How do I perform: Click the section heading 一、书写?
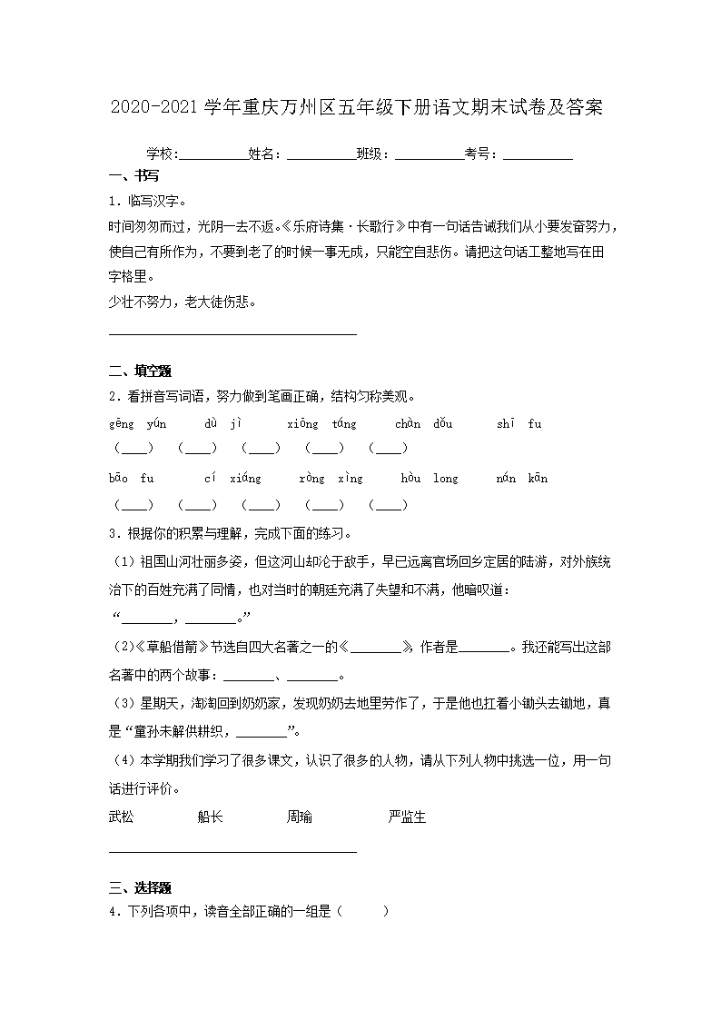coord(133,176)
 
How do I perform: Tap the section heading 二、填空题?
coord(140,371)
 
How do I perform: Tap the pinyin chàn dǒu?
coord(424,423)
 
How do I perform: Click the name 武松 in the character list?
coord(121,817)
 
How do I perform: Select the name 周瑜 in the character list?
coord(300,817)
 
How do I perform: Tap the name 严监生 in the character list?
coord(407,817)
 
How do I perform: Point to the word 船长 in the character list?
coord(210,817)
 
